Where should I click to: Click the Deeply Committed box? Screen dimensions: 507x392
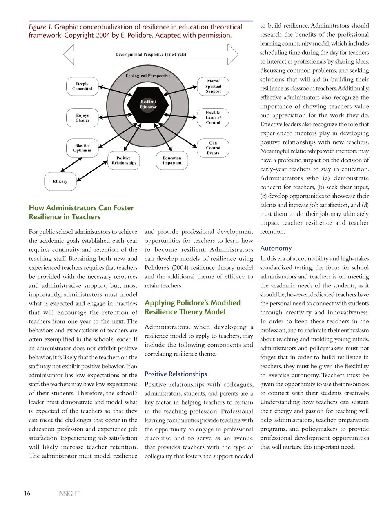[x=82, y=87]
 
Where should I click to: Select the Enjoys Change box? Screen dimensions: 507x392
[x=82, y=118]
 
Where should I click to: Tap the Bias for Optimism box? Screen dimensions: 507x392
[x=82, y=148]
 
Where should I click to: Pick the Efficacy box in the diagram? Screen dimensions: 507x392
[x=60, y=182]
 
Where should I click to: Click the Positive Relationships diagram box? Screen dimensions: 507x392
[x=124, y=160]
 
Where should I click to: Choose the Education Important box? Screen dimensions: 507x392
[x=172, y=160]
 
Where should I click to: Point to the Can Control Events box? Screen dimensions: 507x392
[x=213, y=148]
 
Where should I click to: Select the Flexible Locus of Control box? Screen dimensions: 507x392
[x=213, y=118]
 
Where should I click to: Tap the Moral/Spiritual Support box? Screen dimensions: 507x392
[x=213, y=87]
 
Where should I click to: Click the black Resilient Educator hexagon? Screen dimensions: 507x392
[x=148, y=104]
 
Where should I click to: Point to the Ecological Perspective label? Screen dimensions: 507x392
[x=148, y=76]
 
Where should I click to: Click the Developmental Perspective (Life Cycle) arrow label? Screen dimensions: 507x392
[x=151, y=54]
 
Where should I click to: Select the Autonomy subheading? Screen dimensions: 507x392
[x=276, y=248]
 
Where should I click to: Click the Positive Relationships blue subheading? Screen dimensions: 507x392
[x=176, y=374]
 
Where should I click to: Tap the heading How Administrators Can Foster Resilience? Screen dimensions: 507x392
[x=81, y=212]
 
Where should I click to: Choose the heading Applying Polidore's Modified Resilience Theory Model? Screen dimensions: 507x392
[x=193, y=307]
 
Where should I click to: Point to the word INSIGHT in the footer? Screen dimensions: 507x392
[x=69, y=494]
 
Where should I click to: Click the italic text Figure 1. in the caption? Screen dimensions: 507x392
[x=40, y=27]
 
